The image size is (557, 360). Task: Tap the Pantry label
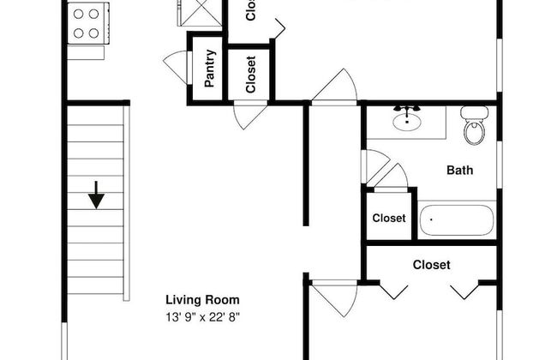pos(209,69)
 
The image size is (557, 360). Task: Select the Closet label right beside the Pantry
pos(251,75)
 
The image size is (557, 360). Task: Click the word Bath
pos(460,170)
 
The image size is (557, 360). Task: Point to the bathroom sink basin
pos(406,122)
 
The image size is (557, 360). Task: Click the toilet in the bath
pos(473,127)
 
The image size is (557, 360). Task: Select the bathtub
pos(457,220)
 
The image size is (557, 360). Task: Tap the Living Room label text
pos(202,300)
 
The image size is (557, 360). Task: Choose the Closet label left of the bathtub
pos(388,218)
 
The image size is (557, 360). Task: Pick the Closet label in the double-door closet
pos(431,265)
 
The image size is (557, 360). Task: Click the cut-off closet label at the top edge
pos(251,10)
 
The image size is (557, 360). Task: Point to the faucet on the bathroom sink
pos(406,110)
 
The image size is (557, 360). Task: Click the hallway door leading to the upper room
pos(337,88)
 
